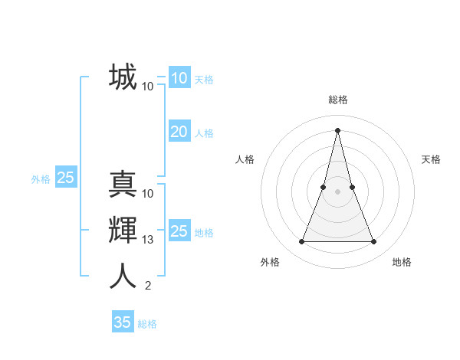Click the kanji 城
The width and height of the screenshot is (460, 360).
(123, 77)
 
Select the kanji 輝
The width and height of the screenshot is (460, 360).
(123, 231)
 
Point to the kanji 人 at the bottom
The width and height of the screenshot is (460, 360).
(123, 276)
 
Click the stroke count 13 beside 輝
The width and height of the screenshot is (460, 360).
(148, 240)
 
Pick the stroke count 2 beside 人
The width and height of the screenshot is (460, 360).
(148, 286)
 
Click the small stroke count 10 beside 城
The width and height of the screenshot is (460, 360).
(148, 87)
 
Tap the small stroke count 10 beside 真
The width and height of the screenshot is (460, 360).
(148, 194)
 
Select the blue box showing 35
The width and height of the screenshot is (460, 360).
(123, 322)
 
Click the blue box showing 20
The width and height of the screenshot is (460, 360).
(179, 132)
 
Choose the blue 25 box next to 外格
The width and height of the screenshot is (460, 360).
(65, 178)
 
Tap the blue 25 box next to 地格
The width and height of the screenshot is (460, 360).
(179, 231)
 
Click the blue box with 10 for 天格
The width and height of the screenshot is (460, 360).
(179, 78)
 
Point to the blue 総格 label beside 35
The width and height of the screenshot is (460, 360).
(147, 323)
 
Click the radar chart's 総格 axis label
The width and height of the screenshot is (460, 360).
(338, 100)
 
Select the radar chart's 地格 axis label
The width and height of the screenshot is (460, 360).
(402, 262)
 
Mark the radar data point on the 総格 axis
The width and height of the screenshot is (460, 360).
(338, 129)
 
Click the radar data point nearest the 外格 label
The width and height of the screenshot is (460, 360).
(302, 242)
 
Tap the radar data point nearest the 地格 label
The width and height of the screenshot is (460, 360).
(374, 242)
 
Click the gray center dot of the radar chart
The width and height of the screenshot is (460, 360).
(338, 191)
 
